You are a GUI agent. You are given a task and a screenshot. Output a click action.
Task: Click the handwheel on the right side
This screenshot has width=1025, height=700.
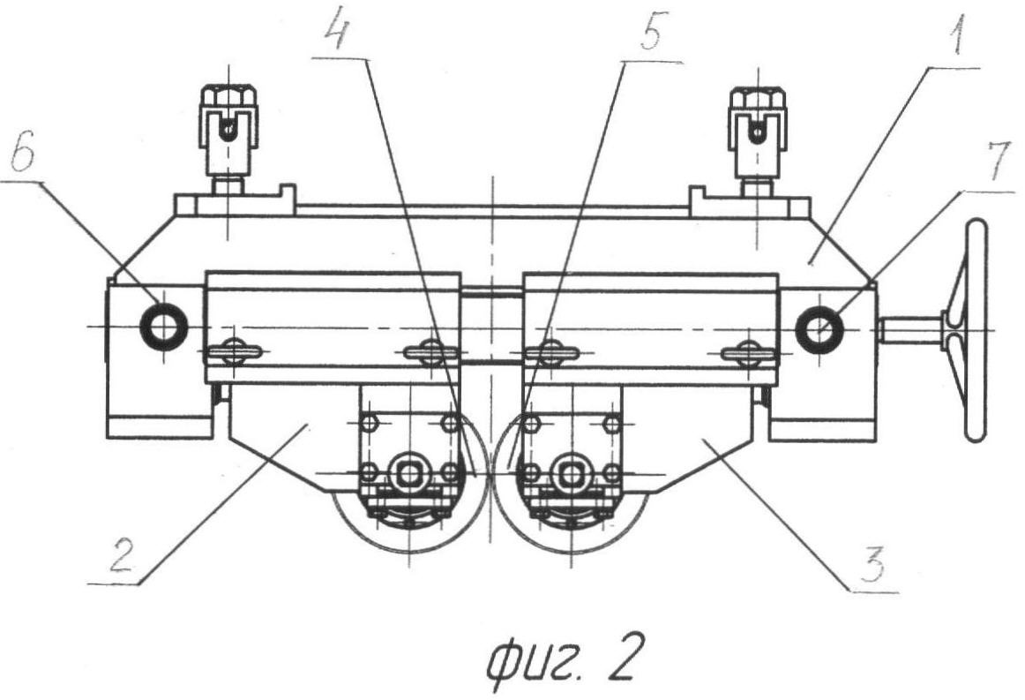[x=974, y=331]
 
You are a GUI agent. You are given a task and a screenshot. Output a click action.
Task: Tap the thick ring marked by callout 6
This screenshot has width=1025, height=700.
[x=163, y=327]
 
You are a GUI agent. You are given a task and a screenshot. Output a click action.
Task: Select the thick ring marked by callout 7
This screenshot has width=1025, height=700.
[x=819, y=330]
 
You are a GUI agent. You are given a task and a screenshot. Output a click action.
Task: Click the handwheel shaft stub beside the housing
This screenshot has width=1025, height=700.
[x=909, y=330]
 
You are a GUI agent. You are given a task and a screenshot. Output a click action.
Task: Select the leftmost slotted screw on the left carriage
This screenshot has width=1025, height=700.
[x=235, y=353]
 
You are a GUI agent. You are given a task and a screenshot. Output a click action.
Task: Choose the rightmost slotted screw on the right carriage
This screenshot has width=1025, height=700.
[x=748, y=353]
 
